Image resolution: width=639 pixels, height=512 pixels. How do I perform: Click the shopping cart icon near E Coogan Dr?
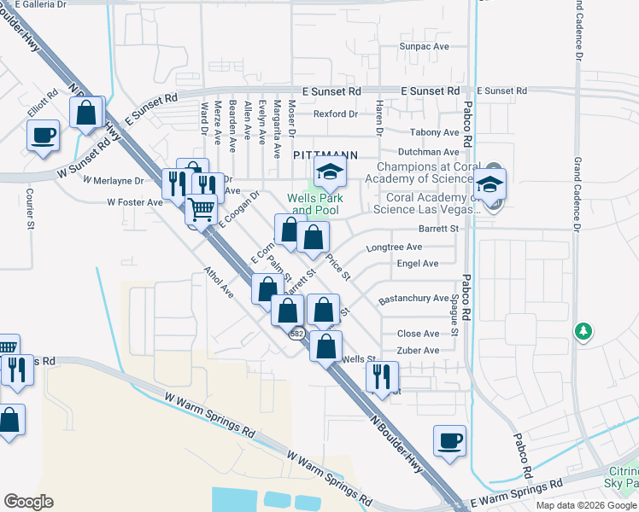tap(201, 208)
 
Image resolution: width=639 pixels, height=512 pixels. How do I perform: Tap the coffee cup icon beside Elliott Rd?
tap(43, 134)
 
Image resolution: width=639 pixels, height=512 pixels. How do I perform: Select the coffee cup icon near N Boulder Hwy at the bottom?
tap(449, 440)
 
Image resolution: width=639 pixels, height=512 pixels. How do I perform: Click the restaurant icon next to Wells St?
tap(381, 375)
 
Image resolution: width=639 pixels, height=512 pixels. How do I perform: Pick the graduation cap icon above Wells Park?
tap(329, 172)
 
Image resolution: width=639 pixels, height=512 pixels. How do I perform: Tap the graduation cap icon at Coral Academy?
tap(490, 184)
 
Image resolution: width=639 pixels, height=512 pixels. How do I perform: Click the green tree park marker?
tap(583, 331)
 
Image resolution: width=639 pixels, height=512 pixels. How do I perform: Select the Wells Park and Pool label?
tap(316, 204)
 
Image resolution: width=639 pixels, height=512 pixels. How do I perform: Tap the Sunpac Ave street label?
tap(425, 47)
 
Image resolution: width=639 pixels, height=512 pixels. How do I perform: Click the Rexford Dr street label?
tap(335, 113)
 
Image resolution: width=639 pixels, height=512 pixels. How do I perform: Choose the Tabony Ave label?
tap(434, 132)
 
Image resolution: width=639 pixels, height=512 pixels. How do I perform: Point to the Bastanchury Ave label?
tap(413, 299)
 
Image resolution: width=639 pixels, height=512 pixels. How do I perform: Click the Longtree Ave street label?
tap(389, 247)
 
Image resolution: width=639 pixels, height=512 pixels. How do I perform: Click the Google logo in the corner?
tap(28, 502)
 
